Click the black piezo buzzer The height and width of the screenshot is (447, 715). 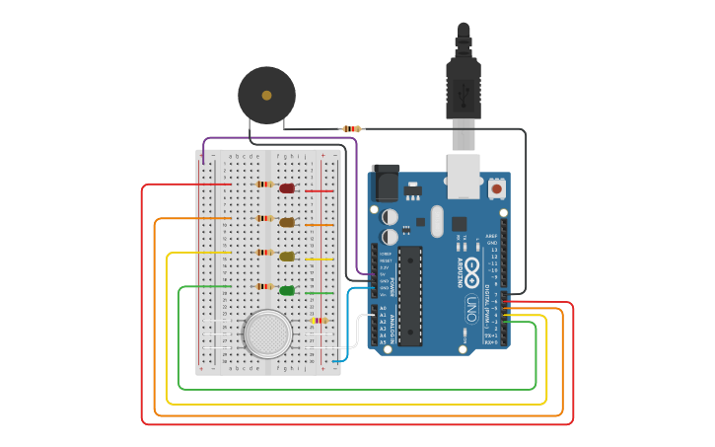(x=266, y=95)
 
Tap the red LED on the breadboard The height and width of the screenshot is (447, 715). (x=287, y=188)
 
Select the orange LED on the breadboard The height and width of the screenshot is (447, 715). (x=287, y=223)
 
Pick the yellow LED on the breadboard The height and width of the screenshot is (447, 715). (x=287, y=257)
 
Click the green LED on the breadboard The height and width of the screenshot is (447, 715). (x=287, y=290)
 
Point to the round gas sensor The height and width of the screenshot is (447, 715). (x=267, y=334)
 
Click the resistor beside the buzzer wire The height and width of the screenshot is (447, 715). (x=351, y=128)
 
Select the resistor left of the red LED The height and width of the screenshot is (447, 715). (x=264, y=185)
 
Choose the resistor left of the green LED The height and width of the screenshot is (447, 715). (x=264, y=286)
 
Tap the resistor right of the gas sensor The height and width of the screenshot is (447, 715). (x=319, y=320)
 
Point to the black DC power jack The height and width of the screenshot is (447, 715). (x=385, y=184)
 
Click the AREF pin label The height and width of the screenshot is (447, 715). (x=492, y=237)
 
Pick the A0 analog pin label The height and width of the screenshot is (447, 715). (x=383, y=308)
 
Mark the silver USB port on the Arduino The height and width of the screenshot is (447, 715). (x=463, y=169)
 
